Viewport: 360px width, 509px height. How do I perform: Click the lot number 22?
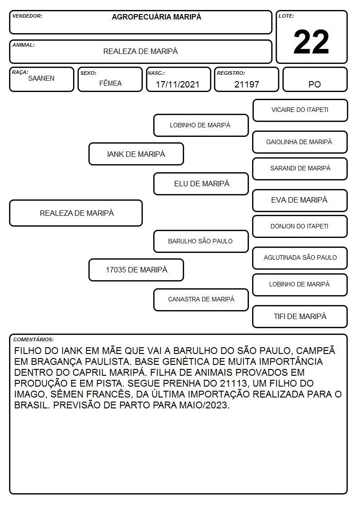tap(311, 42)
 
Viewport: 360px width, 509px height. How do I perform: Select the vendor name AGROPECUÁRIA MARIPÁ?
tap(156, 17)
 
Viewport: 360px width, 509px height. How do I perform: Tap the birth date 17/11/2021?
tap(178, 84)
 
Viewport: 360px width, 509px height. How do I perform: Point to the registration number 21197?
tap(247, 84)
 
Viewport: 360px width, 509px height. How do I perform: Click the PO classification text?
tap(315, 84)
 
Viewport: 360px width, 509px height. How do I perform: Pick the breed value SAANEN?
tap(41, 78)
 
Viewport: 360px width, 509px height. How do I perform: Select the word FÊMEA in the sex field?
tap(110, 83)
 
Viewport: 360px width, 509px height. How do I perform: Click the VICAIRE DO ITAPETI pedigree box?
tap(300, 111)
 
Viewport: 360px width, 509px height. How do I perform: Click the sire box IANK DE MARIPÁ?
tap(136, 154)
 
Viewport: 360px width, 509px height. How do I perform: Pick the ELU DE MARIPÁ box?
tap(201, 184)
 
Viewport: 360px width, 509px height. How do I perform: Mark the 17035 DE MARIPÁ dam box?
tap(136, 270)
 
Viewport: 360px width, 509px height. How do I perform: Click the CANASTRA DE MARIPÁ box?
tap(201, 300)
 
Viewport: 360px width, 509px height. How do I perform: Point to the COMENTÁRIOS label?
tap(34, 339)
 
